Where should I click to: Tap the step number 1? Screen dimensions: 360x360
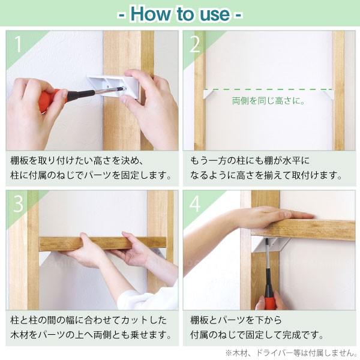pyautogui.click(x=18, y=44)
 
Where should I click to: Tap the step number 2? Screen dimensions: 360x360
pyautogui.click(x=195, y=44)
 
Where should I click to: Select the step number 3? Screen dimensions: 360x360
pyautogui.click(x=19, y=204)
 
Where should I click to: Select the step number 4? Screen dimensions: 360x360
pyautogui.click(x=195, y=204)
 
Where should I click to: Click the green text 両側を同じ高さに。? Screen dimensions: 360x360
pyautogui.click(x=268, y=101)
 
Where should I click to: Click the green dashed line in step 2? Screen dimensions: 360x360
pyautogui.click(x=268, y=89)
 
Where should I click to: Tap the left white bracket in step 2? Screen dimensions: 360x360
pyautogui.click(x=208, y=94)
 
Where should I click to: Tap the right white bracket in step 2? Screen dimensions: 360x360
pyautogui.click(x=328, y=95)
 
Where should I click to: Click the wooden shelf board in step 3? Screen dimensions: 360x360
pyautogui.click(x=103, y=244)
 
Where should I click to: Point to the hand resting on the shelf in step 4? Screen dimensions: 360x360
pyautogui.click(x=271, y=216)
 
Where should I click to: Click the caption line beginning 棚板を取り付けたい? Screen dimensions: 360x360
pyautogui.click(x=77, y=160)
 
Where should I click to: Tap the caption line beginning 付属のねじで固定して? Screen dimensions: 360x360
pyautogui.click(x=257, y=335)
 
